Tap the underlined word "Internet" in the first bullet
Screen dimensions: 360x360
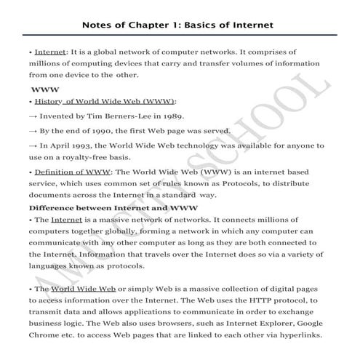[x=50, y=52]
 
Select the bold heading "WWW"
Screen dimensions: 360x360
[x=44, y=89]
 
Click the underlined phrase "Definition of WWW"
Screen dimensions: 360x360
[x=71, y=172]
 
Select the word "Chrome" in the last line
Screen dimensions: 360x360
[x=47, y=335]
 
